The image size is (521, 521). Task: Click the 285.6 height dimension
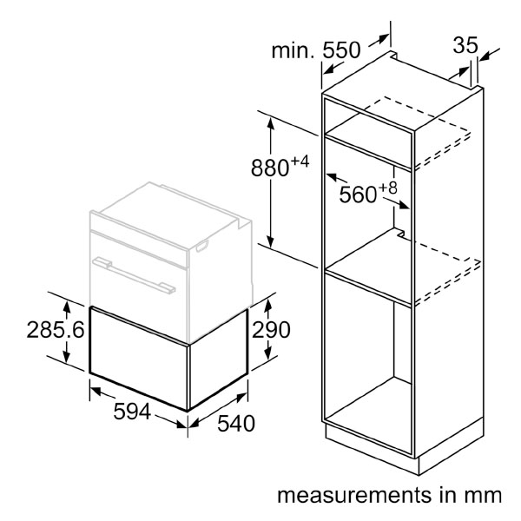coord(56,330)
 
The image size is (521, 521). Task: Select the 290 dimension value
coord(271,330)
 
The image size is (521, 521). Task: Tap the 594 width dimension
coord(132,412)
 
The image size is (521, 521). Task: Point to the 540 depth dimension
coord(236,423)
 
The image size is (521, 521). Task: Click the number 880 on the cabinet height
coord(269,168)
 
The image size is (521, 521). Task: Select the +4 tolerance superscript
coord(300,162)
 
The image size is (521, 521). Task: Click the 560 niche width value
coord(358,195)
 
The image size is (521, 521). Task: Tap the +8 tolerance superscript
coord(388,188)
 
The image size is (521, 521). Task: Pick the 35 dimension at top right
coord(465,45)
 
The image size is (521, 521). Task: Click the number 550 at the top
coord(341,50)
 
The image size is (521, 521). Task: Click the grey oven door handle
coord(134,275)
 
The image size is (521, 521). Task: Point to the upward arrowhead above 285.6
coord(67,307)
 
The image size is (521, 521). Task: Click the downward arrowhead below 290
coord(268,353)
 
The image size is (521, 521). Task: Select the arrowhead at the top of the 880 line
coord(271,124)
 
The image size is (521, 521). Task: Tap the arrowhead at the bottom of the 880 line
coord(271,241)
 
